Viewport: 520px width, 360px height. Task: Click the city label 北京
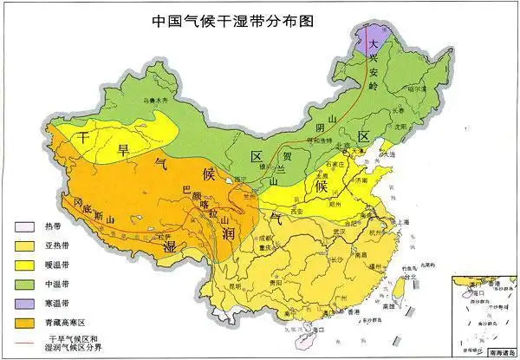[x=344, y=145]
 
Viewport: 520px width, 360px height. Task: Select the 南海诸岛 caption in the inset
[x=497, y=351]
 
